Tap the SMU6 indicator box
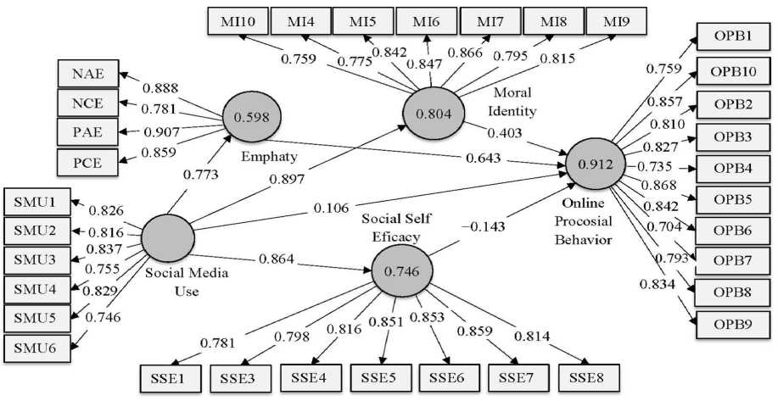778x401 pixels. (x=36, y=346)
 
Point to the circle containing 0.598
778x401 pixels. (x=253, y=119)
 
